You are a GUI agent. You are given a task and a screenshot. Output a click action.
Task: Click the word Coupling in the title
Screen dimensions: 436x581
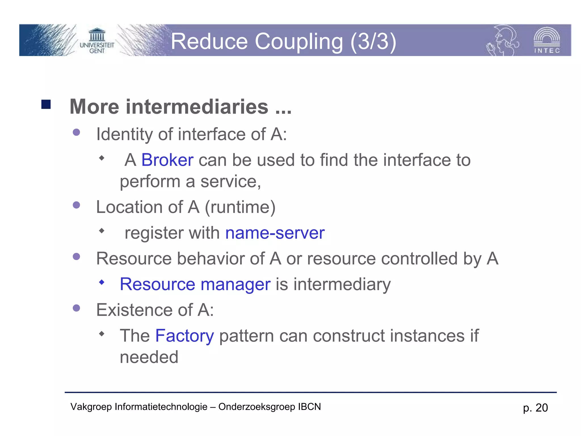299,41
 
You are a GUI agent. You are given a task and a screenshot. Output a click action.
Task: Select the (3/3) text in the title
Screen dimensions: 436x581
373,41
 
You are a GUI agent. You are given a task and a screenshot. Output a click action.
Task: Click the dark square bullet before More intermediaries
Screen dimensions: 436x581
46,104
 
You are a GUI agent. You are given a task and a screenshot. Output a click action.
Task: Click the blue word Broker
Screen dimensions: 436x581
167,160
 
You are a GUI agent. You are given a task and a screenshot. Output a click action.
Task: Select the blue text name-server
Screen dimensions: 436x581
275,233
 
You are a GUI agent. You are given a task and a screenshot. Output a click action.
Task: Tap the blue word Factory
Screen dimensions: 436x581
184,336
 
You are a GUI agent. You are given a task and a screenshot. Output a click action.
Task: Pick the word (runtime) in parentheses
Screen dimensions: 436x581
240,207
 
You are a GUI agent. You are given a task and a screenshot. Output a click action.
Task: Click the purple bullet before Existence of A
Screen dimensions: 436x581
76,308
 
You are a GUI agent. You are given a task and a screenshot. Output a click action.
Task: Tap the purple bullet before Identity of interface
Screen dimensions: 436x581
76,132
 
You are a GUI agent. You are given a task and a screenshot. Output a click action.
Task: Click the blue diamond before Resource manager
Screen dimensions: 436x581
102,282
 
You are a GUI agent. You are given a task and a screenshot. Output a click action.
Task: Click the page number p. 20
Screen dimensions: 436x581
535,408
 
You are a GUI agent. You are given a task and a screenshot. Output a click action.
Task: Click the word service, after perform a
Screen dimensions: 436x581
230,182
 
